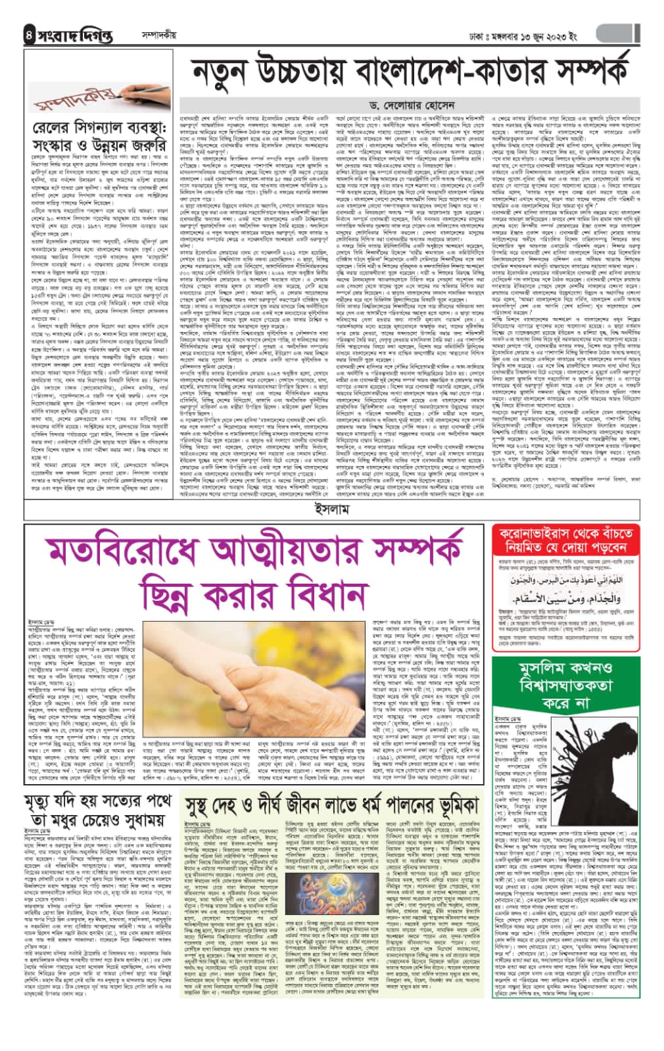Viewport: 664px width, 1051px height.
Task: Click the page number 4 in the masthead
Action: click(x=28, y=35)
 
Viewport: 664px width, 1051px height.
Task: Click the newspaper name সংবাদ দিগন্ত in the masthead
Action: click(x=76, y=35)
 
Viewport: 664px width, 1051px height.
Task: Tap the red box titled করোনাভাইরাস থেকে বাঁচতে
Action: click(x=567, y=539)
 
